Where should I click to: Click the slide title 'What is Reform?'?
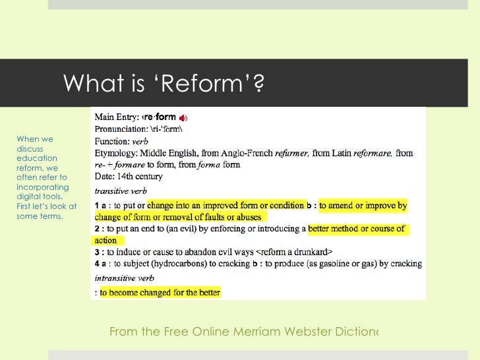tap(158, 83)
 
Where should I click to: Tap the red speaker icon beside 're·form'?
tap(183, 117)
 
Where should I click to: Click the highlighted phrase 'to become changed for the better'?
tap(160, 292)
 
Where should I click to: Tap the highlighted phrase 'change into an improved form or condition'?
tap(226, 205)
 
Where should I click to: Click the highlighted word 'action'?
tap(105, 241)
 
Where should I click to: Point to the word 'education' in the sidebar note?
tap(38, 158)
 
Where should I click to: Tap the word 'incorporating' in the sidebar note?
tap(42, 187)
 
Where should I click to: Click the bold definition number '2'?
tap(96, 229)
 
